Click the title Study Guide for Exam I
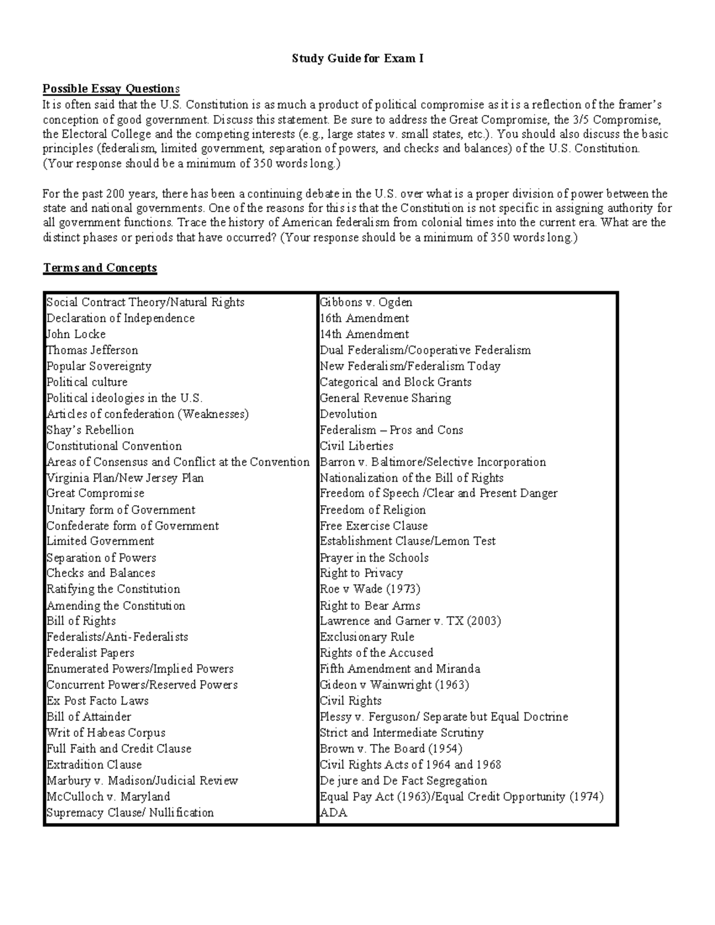(x=357, y=59)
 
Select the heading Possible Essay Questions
(x=110, y=89)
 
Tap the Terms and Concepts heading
(x=100, y=268)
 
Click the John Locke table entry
(x=76, y=334)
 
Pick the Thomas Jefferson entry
(x=92, y=350)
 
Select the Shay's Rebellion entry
(x=90, y=430)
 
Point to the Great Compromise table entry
(x=95, y=494)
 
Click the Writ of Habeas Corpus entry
(x=106, y=733)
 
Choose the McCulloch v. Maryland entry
(x=108, y=797)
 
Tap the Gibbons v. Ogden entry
(x=366, y=303)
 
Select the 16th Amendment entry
(x=364, y=319)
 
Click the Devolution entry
(x=348, y=414)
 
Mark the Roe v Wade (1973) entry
(x=369, y=589)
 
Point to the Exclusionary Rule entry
(x=366, y=637)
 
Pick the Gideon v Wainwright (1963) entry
(x=394, y=685)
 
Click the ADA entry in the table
(x=333, y=813)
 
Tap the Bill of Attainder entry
(x=89, y=717)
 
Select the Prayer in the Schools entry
(x=374, y=558)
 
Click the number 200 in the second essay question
(x=114, y=194)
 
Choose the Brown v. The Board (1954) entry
(x=391, y=749)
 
